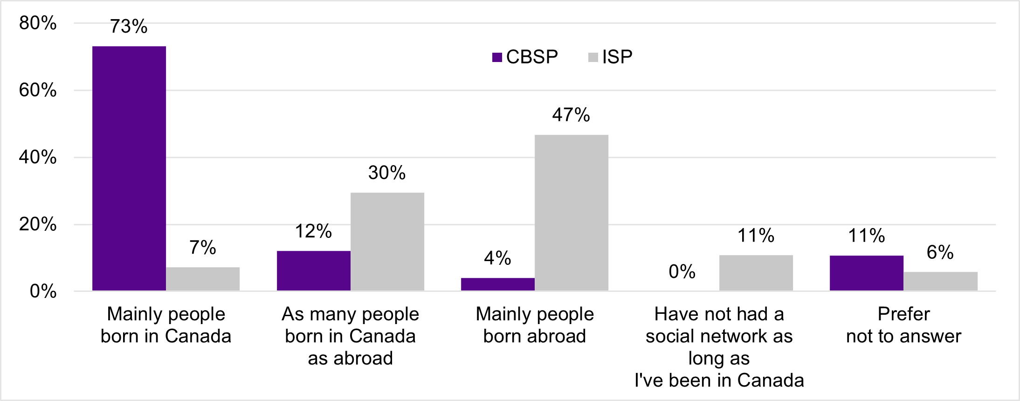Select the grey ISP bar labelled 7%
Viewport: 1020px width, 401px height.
[203, 279]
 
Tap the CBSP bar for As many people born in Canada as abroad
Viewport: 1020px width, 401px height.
[314, 270]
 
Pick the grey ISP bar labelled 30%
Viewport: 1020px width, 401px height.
[387, 242]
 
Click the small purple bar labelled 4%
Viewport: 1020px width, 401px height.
[498, 284]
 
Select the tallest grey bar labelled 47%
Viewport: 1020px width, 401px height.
[572, 213]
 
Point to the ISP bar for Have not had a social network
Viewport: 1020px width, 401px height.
[756, 273]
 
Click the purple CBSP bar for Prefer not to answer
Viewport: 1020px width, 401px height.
[867, 273]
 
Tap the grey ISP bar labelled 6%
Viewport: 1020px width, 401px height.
[940, 281]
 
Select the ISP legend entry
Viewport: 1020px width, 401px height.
[611, 57]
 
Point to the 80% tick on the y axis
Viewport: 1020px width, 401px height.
[38, 23]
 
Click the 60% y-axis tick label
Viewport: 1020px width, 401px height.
[38, 90]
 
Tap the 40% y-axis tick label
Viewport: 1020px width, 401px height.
[38, 157]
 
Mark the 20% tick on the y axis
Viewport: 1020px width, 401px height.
[38, 224]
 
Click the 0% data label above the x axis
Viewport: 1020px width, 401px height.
[682, 271]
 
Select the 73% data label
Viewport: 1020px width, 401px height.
[129, 27]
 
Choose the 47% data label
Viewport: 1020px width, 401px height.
[571, 115]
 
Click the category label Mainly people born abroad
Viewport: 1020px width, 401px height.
[535, 325]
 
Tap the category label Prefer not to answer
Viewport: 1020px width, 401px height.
[903, 325]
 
